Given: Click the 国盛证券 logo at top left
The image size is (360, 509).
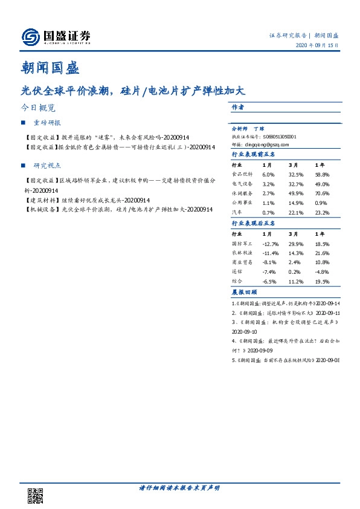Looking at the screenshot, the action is [56, 37].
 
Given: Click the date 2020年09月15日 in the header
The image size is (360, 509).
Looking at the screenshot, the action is [317, 46].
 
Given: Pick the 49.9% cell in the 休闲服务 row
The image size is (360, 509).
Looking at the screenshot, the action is [295, 192].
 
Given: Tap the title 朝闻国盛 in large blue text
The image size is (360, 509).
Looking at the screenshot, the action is [54, 68].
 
